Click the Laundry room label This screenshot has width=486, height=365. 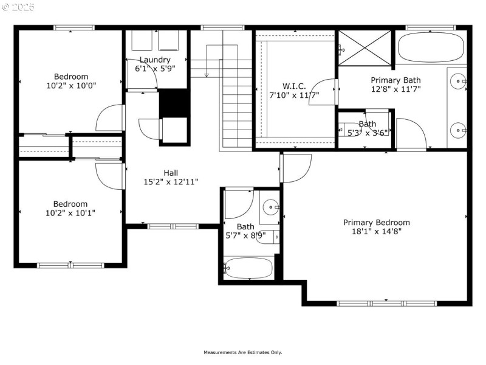tap(154, 60)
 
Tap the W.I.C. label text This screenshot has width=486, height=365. tap(294, 86)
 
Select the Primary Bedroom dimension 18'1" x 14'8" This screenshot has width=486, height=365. tap(376, 231)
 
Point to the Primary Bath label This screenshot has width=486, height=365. tap(395, 80)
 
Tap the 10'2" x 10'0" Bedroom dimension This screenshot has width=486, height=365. tap(71, 86)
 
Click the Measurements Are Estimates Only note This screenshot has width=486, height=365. tap(242, 352)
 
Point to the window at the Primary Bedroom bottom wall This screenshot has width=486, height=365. tap(387, 302)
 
